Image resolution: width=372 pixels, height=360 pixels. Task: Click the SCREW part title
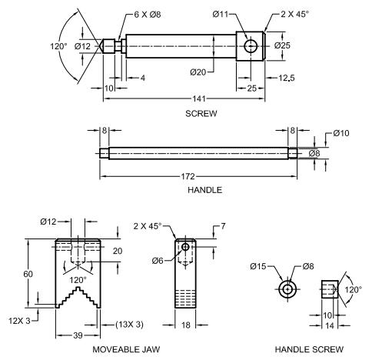pyautogui.click(x=201, y=113)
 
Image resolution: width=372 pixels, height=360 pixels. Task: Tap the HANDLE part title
pyautogui.click(x=204, y=190)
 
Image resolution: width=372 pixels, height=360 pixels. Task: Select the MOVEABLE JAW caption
pyautogui.click(x=126, y=349)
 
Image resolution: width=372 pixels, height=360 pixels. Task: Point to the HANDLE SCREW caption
pyautogui.click(x=309, y=349)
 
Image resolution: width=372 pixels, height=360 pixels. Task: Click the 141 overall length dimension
pyautogui.click(x=199, y=98)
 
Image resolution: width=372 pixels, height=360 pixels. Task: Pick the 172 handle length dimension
pyautogui.click(x=188, y=176)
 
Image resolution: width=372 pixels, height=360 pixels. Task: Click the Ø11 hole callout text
pyautogui.click(x=221, y=14)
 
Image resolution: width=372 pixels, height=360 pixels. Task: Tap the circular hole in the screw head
pyautogui.click(x=251, y=46)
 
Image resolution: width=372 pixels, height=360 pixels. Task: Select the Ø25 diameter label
pyautogui.click(x=282, y=45)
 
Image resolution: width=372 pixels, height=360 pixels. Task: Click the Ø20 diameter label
pyautogui.click(x=198, y=72)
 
